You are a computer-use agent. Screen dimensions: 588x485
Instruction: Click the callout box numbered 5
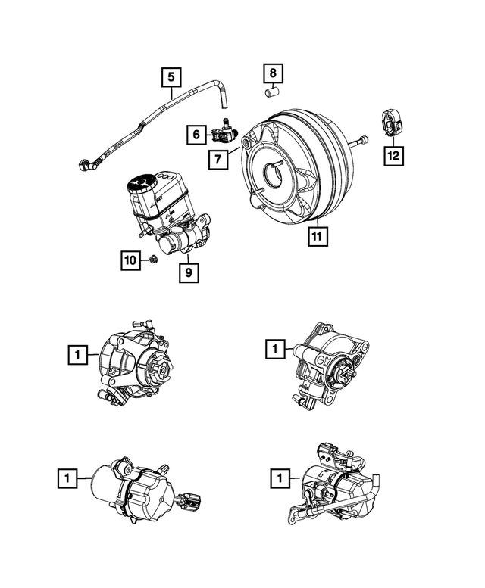click(171, 76)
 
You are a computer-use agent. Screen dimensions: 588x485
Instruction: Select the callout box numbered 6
click(196, 135)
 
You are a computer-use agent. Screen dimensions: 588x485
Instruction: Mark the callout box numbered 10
click(131, 260)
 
